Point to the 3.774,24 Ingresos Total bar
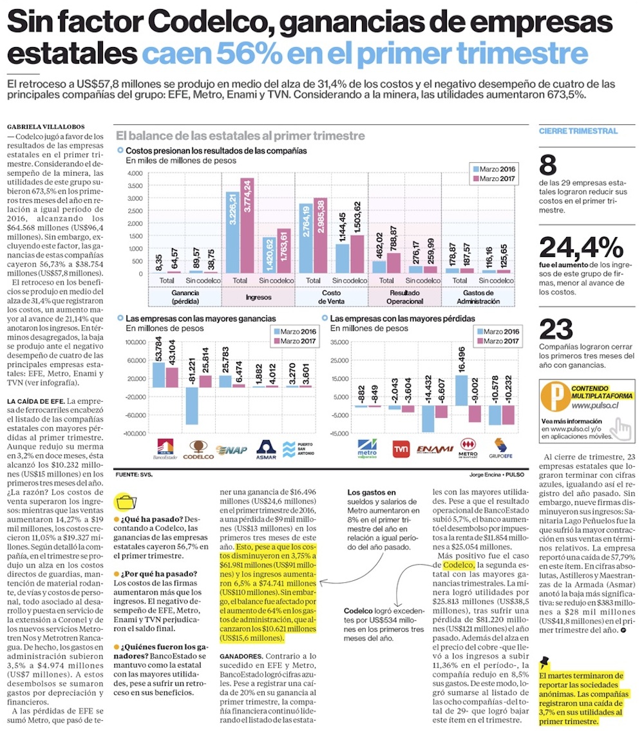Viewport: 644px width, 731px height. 247,225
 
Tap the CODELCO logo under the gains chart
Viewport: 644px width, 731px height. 198,448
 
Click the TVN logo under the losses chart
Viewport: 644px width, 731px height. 401,448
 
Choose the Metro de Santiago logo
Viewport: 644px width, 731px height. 468,448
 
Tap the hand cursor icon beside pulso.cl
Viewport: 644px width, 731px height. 621,427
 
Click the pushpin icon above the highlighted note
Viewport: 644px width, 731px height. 545,661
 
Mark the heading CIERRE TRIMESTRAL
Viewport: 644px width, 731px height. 569,131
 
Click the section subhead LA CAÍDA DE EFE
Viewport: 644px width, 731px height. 35,402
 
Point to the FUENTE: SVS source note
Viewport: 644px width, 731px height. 133,475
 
